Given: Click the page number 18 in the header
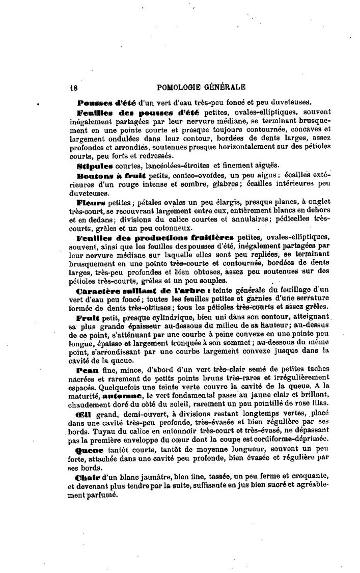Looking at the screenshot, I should click(73, 87).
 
